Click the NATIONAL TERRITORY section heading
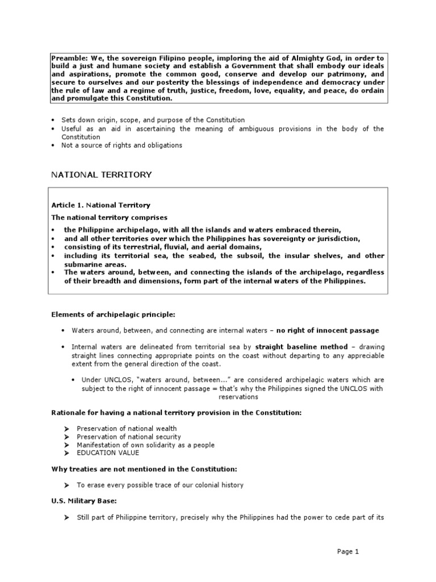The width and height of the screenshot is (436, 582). tap(102, 174)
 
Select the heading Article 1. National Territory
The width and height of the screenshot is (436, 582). tap(100, 205)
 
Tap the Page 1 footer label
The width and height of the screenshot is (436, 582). tap(348, 551)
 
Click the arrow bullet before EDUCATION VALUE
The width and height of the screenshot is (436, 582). tap(66, 453)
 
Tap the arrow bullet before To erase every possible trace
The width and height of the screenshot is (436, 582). tap(66, 485)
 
